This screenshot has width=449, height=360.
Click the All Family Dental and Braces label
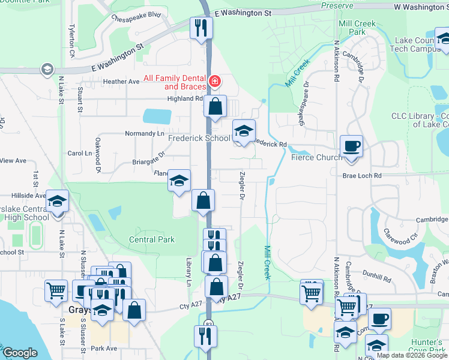pos(173,83)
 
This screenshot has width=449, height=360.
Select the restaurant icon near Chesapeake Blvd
pos(200,28)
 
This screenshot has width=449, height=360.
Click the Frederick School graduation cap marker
pos(244,131)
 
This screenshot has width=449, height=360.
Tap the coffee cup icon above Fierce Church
pos(351,146)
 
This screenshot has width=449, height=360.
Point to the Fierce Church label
pos(316,157)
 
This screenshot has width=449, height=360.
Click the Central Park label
pos(152,239)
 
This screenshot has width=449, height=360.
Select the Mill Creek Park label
pos(357,28)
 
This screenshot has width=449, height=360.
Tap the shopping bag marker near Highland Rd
pos(215,107)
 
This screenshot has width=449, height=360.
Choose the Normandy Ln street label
pos(144,133)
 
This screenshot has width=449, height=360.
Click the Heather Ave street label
pos(121,82)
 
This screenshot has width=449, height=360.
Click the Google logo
pos(20,353)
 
